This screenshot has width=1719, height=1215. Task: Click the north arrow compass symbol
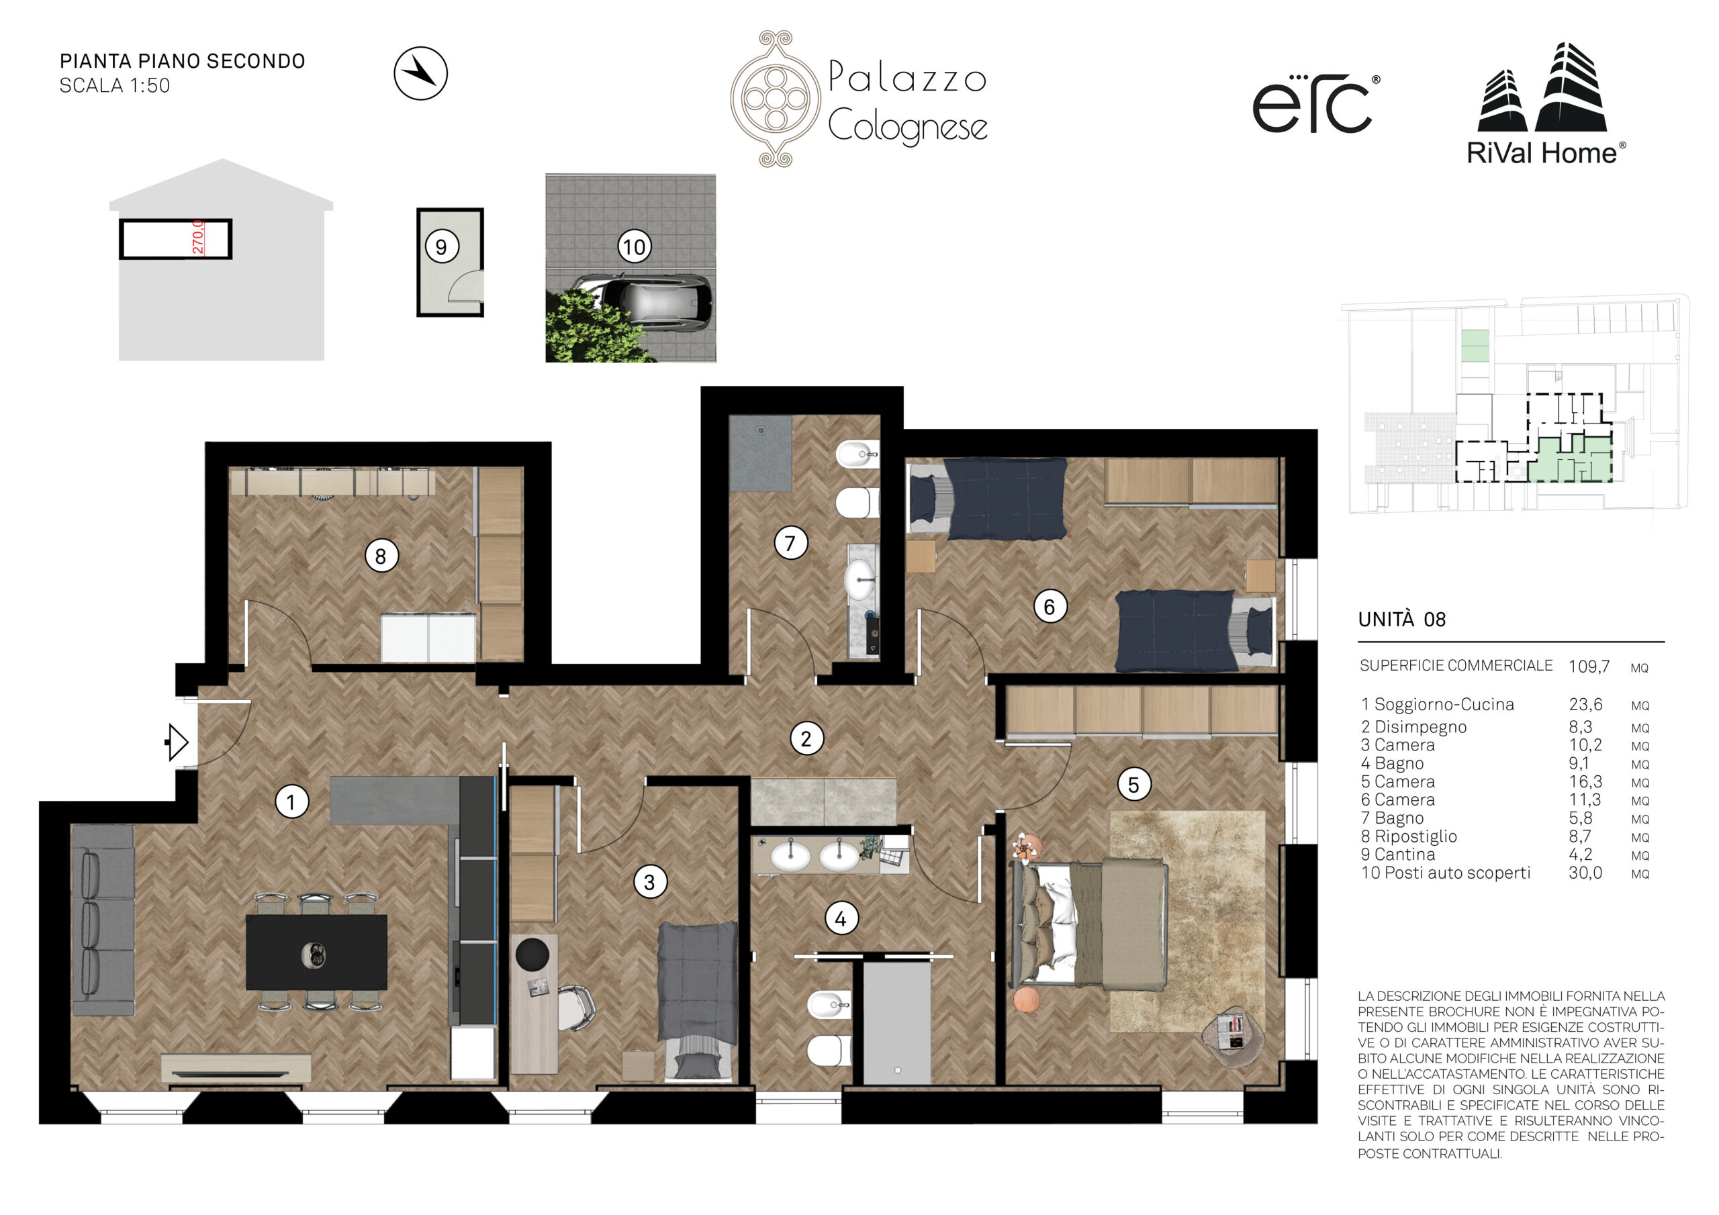[421, 73]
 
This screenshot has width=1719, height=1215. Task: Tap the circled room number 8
[381, 556]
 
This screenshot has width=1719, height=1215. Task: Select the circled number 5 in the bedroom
[1133, 785]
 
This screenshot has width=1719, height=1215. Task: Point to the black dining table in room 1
[317, 953]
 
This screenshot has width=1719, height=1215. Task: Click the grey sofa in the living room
[103, 920]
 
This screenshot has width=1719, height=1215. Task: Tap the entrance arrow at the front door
[177, 742]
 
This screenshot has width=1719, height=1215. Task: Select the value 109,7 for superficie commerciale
[1589, 667]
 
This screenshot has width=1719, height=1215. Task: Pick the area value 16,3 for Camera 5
[1585, 781]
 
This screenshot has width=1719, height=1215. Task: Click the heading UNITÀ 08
[1401, 619]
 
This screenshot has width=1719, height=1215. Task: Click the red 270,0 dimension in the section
[197, 238]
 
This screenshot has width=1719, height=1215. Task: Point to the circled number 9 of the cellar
[442, 246]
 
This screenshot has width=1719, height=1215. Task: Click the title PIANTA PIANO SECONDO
[183, 61]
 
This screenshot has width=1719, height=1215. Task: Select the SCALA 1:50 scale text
[115, 86]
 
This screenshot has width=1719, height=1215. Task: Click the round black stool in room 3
[532, 954]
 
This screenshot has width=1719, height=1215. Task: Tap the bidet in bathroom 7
[857, 454]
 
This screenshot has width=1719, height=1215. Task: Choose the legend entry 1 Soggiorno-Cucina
[1438, 704]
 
